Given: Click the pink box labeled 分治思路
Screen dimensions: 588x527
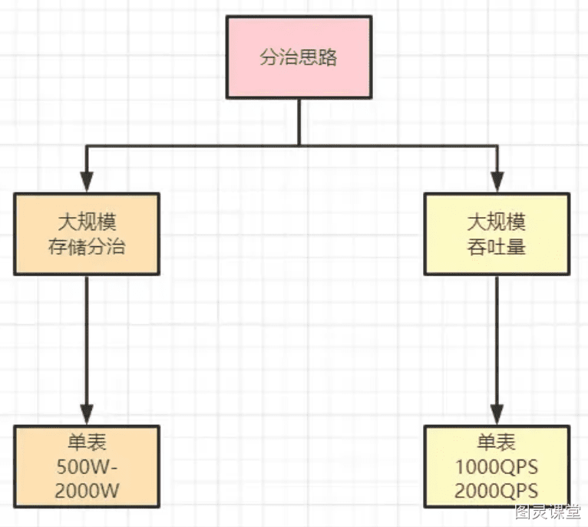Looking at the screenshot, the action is tap(299, 57).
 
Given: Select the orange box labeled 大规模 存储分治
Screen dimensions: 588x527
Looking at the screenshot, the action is tap(87, 234).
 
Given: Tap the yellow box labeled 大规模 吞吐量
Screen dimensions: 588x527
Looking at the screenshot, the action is tap(497, 234).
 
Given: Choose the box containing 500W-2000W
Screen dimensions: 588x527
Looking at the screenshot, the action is tap(87, 466).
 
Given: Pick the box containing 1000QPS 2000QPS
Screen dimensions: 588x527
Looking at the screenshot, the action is tap(497, 466).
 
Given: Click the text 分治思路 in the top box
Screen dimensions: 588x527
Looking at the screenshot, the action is tap(299, 58).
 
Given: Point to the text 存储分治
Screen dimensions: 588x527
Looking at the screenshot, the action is tap(87, 247).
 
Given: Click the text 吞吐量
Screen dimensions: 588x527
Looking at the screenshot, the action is tap(497, 247).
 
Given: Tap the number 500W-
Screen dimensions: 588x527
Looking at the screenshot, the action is tap(87, 467).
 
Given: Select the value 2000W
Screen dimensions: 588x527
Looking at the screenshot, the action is tap(87, 491).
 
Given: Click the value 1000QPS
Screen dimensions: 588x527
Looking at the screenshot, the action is tap(497, 467).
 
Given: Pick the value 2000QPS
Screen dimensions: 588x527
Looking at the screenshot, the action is tap(497, 491).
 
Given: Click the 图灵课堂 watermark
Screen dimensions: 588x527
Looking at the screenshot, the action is tap(547, 512).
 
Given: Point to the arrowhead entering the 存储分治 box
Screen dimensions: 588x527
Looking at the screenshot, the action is tap(87, 182).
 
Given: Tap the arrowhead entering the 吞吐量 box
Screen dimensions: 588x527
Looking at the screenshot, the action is tap(497, 182).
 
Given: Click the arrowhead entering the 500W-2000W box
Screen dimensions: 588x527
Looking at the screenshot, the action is tap(87, 414).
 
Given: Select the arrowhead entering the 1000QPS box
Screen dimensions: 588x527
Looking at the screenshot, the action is tap(497, 414).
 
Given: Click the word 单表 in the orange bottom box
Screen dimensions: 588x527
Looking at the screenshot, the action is tap(87, 443).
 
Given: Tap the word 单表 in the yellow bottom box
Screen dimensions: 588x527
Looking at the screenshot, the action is tap(497, 443).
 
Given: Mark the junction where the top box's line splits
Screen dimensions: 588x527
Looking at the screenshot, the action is tap(299, 146).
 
